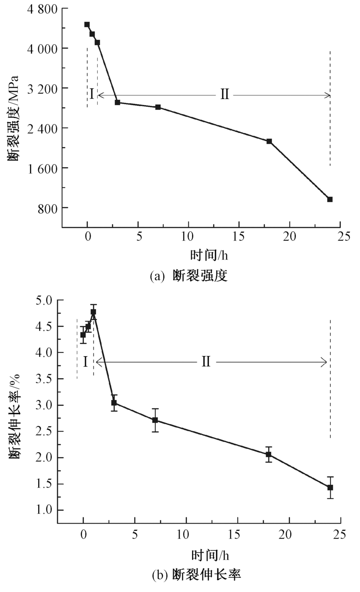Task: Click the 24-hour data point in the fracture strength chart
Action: pos(330,199)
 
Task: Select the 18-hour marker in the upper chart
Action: pos(269,141)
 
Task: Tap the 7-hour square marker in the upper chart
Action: pos(158,107)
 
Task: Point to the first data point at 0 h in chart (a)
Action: pos(87,24)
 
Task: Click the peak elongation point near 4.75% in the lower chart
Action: pos(94,312)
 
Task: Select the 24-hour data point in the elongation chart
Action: pos(330,488)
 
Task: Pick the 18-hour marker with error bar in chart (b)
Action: pos(269,454)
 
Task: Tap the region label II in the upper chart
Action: pos(225,94)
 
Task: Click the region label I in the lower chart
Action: pos(85,361)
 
